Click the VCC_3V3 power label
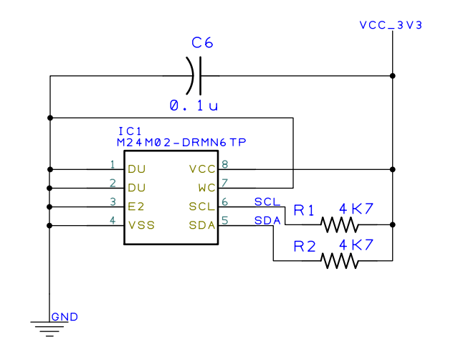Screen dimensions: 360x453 click(391, 25)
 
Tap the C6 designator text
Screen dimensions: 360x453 click(202, 43)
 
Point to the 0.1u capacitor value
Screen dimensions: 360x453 click(194, 105)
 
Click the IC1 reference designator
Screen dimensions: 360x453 click(130, 132)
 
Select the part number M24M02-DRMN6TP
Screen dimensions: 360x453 click(182, 143)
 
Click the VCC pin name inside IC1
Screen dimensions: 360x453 click(201, 169)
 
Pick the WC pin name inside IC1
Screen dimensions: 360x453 click(206, 188)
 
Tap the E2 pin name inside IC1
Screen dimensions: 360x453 click(136, 207)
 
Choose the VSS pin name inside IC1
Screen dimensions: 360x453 click(141, 225)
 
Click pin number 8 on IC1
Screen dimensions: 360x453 click(225, 164)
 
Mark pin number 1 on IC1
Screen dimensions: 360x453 click(113, 164)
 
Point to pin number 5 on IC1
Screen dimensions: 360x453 click(225, 220)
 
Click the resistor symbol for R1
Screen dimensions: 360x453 click(340, 224)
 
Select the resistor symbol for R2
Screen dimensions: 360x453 click(340, 260)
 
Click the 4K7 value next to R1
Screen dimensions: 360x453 click(356, 209)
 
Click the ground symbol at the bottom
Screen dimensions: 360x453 click(49, 328)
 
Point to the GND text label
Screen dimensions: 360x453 click(65, 317)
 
